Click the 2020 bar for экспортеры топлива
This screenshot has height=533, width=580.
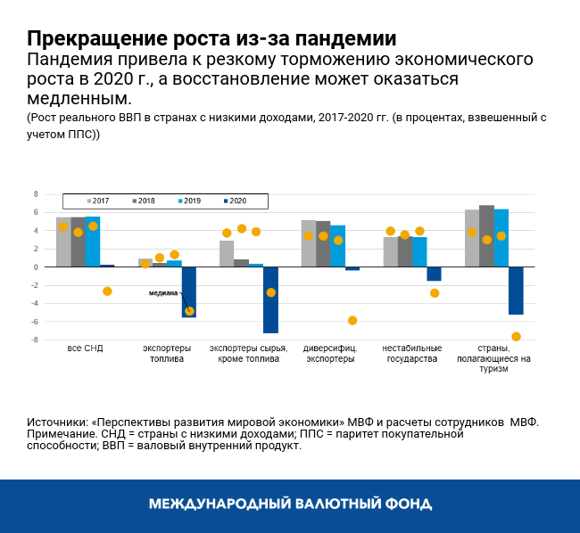(188, 291)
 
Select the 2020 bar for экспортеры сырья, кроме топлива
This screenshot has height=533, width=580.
(270, 299)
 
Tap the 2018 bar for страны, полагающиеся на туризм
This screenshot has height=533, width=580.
(486, 236)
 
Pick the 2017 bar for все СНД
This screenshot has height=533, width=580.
(63, 242)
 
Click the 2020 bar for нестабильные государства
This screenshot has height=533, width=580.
(434, 274)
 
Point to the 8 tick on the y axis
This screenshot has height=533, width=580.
(36, 194)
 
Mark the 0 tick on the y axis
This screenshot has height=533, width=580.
(36, 267)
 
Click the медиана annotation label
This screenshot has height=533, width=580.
(163, 292)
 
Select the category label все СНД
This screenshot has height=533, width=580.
(85, 348)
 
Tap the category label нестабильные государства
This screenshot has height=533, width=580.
(411, 354)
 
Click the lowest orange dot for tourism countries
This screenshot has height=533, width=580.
(516, 337)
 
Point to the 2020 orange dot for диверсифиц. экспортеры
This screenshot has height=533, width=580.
(352, 320)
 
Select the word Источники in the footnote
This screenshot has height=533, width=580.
(58, 421)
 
